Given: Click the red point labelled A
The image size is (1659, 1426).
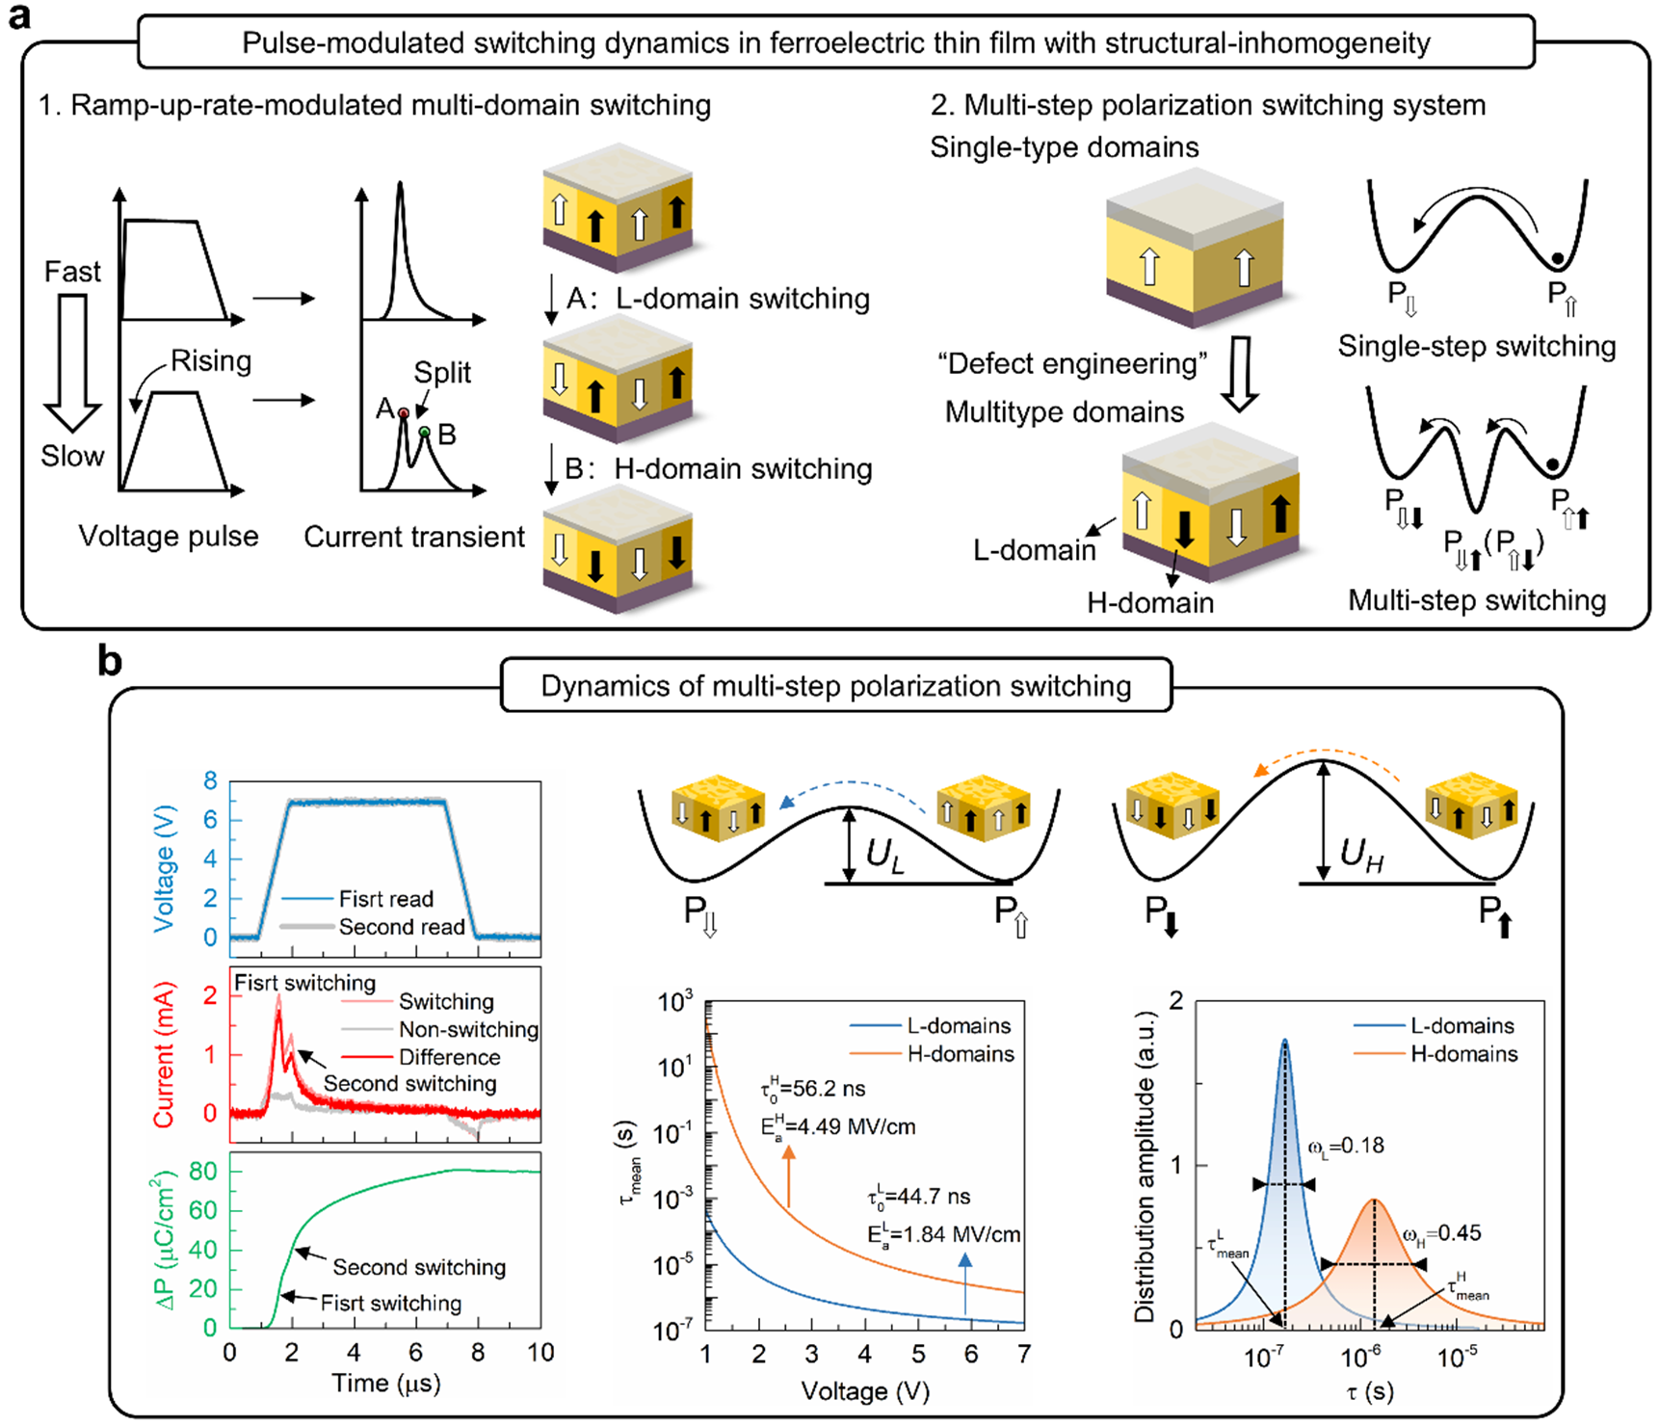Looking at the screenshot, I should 404,413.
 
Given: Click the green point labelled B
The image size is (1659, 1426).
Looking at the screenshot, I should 425,432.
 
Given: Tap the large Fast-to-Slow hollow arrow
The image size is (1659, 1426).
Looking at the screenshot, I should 73,362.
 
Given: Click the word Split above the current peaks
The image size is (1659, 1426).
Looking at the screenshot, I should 442,373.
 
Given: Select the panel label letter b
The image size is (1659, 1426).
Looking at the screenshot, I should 110,663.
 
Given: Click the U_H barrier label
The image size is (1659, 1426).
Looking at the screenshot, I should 1362,854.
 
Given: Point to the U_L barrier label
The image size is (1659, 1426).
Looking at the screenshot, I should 885,855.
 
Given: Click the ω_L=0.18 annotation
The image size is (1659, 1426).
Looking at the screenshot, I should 1346,1146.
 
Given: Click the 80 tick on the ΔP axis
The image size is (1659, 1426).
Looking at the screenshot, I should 203,1172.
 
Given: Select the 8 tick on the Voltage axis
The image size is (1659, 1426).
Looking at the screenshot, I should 210,781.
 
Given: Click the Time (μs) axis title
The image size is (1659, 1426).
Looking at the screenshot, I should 385,1384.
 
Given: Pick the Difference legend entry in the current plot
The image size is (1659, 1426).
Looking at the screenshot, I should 449,1057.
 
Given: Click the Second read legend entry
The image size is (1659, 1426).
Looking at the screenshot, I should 402,927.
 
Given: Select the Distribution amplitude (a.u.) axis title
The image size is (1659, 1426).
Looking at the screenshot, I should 1145,1167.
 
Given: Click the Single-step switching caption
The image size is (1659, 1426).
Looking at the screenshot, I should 1476,346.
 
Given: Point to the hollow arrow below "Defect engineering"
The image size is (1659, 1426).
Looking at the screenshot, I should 1240,374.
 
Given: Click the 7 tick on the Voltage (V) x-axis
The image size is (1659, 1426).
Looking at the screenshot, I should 1023,1355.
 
